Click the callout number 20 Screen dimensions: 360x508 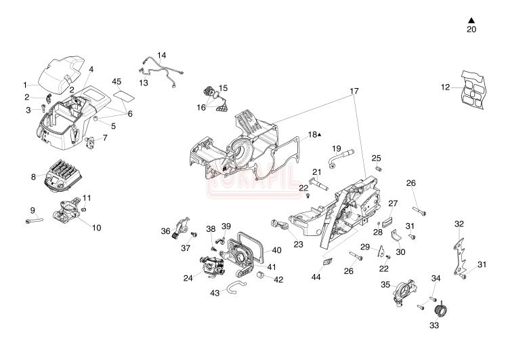tap(471, 30)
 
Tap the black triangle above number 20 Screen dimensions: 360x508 tap(471, 20)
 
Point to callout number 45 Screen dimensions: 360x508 tap(117, 82)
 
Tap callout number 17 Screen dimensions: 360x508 tap(354, 90)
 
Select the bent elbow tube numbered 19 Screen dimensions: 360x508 tap(337, 158)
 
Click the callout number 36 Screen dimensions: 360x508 tap(165, 232)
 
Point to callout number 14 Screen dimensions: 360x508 tap(161, 55)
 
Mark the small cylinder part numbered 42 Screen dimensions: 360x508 tap(259, 277)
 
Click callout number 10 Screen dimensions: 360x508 tap(96, 228)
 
